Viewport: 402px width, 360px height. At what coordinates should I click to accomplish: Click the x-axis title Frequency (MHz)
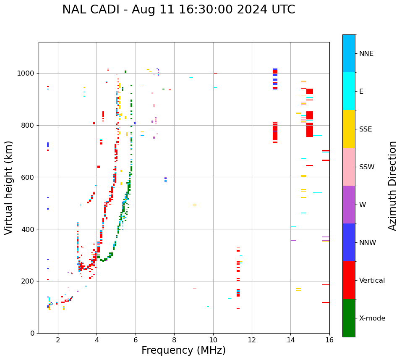point(183,350)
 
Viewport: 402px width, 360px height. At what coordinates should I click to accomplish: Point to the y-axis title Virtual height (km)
point(9,187)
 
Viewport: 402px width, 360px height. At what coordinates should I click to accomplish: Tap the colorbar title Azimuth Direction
point(392,186)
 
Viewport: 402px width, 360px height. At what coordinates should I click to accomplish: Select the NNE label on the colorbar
point(366,54)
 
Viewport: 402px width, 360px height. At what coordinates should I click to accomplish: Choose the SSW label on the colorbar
point(367,167)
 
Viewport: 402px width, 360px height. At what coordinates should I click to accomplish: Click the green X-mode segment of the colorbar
point(349,318)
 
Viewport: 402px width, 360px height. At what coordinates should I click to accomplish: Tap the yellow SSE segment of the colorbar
point(349,129)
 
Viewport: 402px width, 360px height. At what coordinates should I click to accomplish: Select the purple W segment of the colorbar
point(349,205)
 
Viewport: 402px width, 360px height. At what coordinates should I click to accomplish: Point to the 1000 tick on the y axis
point(28,74)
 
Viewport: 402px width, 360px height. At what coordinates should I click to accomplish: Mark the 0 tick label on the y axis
point(33,333)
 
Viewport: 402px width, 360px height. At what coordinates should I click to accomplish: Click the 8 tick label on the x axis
point(174,340)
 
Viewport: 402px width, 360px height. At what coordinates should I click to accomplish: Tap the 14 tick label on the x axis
point(290,340)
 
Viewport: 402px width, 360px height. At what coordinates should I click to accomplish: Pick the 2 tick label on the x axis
point(58,340)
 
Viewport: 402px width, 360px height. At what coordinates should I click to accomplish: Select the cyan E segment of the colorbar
point(349,91)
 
